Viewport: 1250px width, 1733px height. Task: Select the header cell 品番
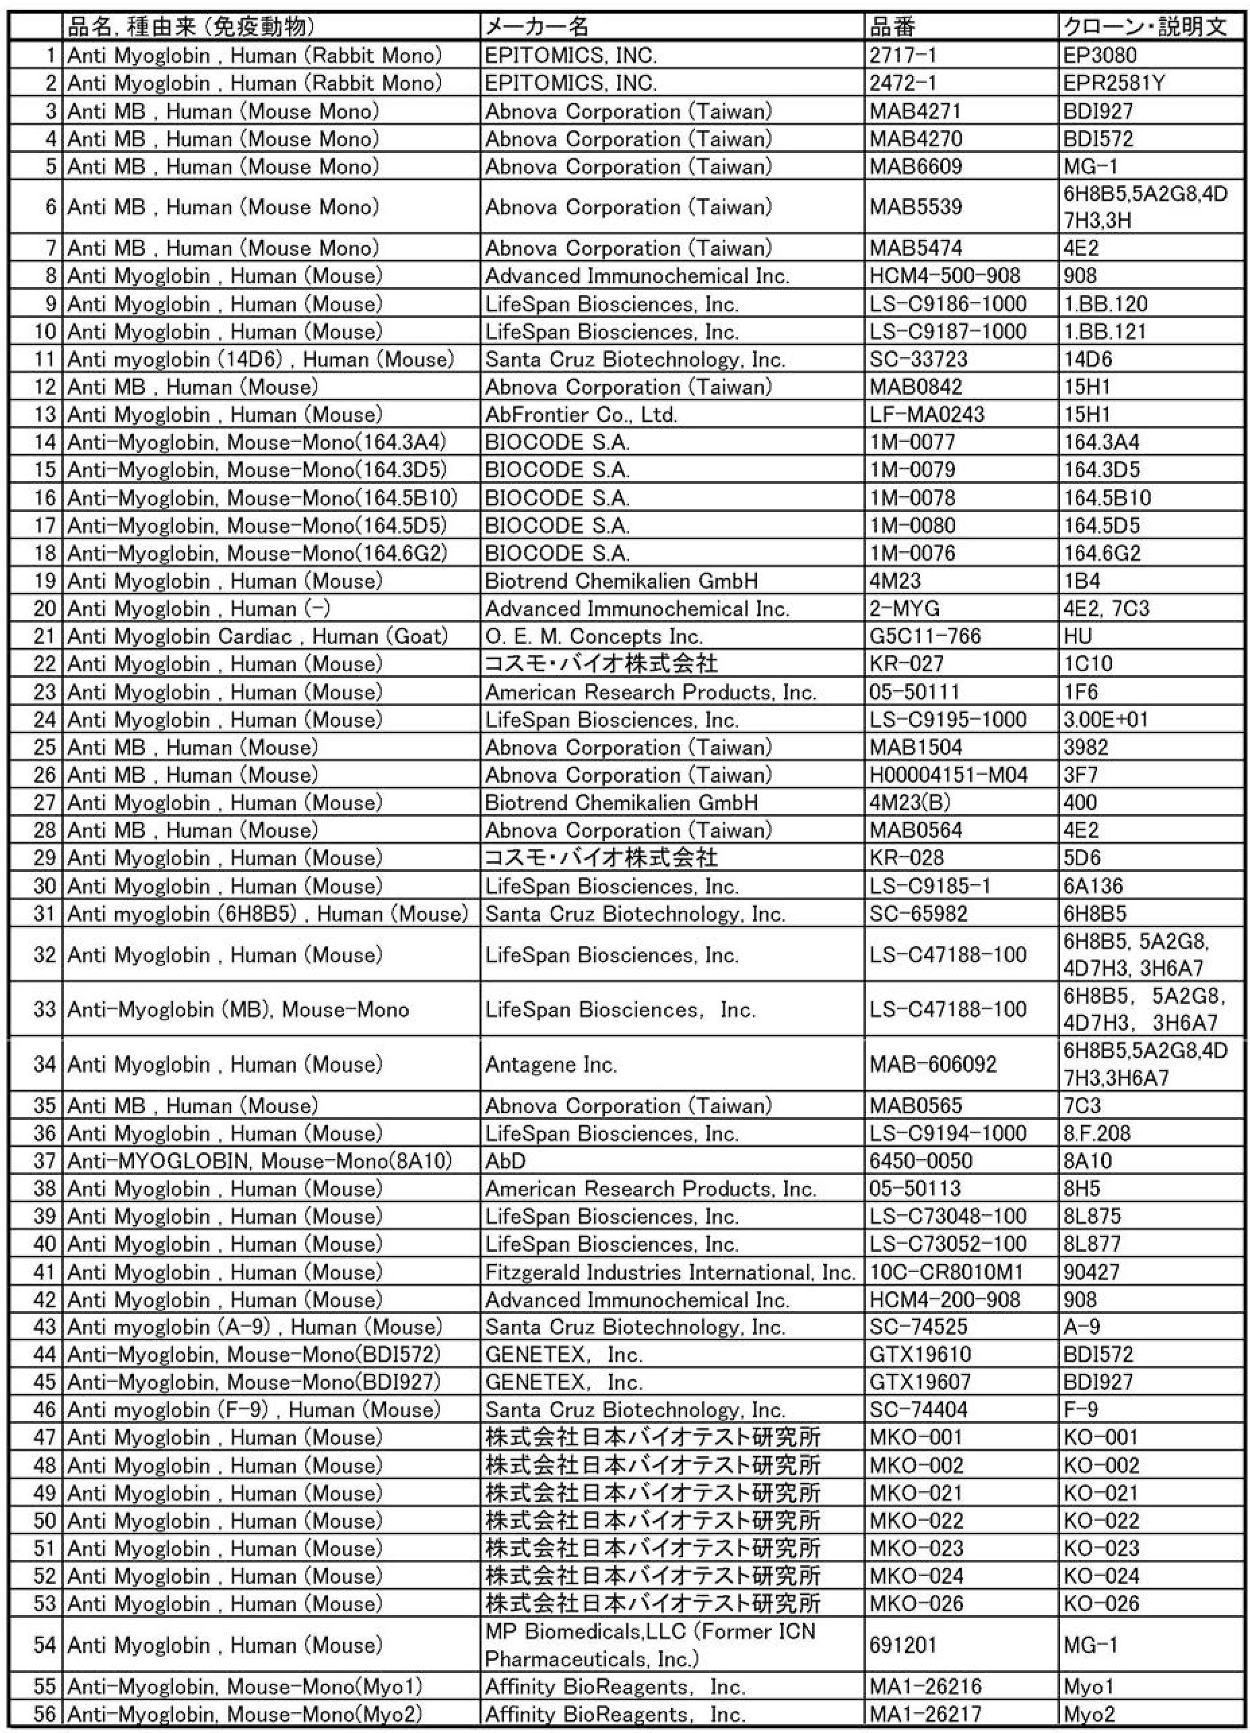click(892, 28)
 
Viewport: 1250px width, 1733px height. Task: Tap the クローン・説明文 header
click(1145, 28)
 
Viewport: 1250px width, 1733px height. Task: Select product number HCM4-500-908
click(944, 276)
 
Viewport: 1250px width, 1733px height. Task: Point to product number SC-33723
click(918, 359)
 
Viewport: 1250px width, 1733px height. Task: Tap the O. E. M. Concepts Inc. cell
click(593, 637)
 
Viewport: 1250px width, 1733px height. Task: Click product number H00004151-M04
click(948, 776)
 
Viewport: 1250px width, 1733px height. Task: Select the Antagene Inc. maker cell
click(550, 1065)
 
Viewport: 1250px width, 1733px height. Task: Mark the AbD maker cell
click(506, 1162)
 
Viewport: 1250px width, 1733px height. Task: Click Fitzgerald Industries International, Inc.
click(669, 1272)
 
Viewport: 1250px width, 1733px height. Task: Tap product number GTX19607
click(919, 1382)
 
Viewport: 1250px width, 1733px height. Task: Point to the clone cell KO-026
click(1101, 1604)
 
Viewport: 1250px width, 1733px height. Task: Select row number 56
click(45, 1714)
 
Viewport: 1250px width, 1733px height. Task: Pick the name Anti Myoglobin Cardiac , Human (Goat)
click(257, 637)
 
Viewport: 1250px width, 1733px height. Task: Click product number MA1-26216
click(925, 1687)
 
